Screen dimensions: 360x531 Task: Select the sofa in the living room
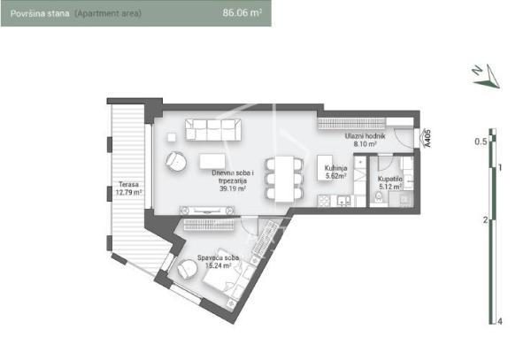213,129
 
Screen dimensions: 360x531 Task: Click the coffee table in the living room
217,163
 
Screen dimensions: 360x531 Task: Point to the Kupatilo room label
390,181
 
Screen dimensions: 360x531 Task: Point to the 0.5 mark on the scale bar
481,141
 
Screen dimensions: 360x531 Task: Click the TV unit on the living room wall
208,211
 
